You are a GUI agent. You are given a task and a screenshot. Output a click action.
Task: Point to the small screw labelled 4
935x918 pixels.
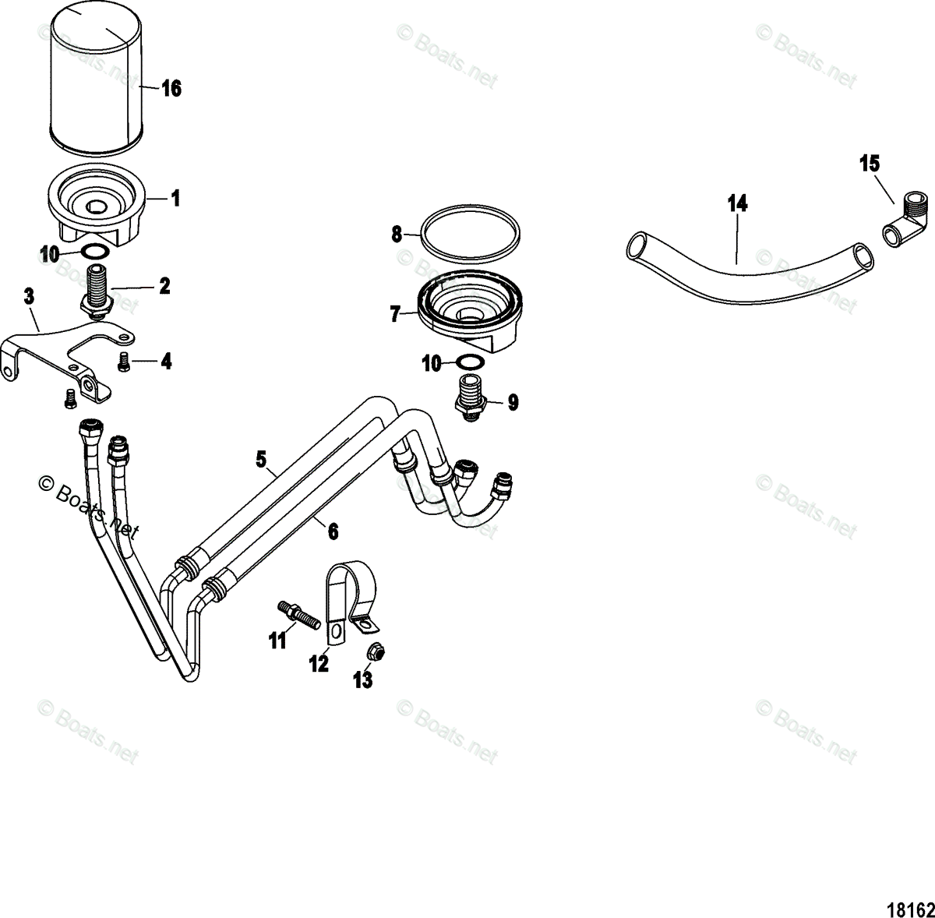pos(123,361)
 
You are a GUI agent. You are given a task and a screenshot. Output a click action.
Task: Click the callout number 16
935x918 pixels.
pos(171,89)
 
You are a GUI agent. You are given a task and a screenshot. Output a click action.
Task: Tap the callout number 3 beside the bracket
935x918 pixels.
pos(29,296)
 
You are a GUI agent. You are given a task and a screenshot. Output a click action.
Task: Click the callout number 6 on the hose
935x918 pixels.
pos(333,531)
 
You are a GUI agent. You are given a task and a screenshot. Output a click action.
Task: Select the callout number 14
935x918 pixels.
pos(737,204)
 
